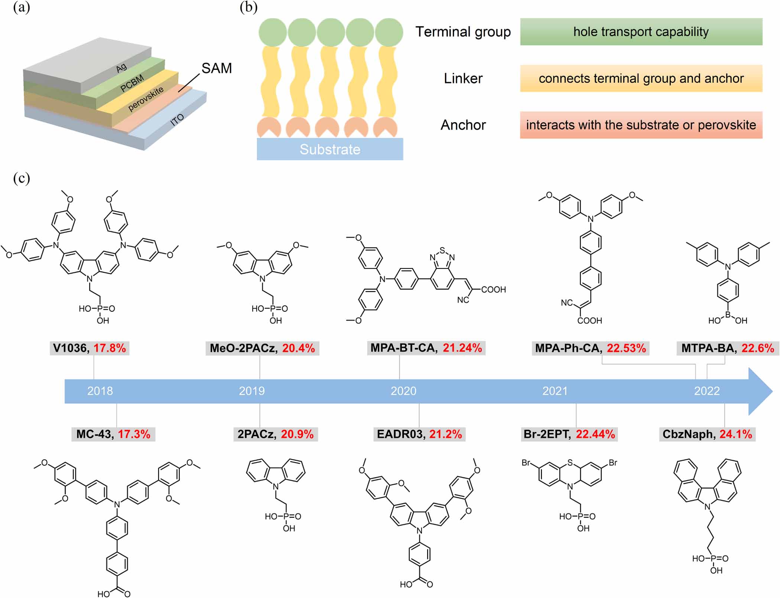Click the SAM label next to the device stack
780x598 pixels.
[217, 68]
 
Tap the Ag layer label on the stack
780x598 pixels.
[121, 68]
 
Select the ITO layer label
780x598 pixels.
[177, 120]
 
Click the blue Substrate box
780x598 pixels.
[330, 149]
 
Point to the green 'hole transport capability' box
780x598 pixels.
[641, 32]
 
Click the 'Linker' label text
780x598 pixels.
[463, 79]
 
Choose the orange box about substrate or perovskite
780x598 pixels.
[641, 125]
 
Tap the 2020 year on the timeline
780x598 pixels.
[403, 391]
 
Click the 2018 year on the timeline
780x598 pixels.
[100, 391]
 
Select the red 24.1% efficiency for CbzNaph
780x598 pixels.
[736, 434]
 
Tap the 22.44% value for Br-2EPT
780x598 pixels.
[595, 434]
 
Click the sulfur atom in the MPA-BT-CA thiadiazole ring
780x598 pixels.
[442, 250]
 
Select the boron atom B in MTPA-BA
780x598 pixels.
[728, 315]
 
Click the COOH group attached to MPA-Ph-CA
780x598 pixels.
[589, 321]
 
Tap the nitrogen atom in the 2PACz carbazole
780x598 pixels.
[276, 487]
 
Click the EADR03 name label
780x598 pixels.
[400, 434]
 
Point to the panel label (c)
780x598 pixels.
[21, 178]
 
